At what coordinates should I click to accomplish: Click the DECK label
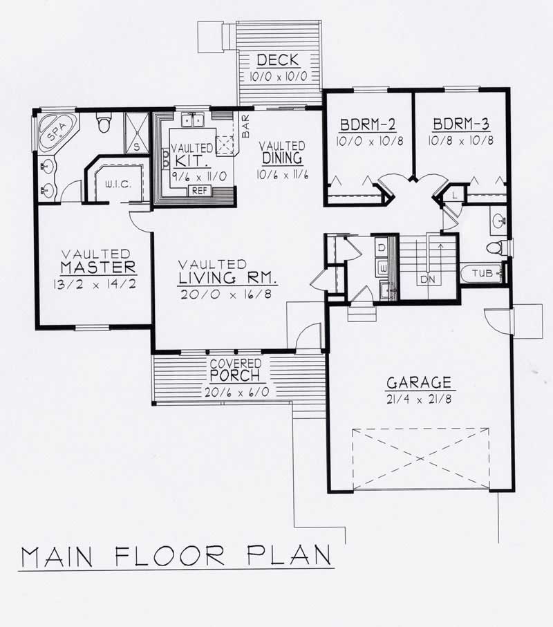(x=279, y=59)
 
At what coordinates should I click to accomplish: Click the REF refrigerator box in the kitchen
(x=200, y=190)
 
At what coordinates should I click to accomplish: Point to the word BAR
(x=245, y=127)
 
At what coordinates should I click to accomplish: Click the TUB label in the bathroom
(x=482, y=274)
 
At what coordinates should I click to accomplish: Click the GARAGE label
(x=419, y=382)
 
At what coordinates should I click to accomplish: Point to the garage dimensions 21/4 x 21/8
(x=419, y=398)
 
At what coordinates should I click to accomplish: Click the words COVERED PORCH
(x=236, y=371)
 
